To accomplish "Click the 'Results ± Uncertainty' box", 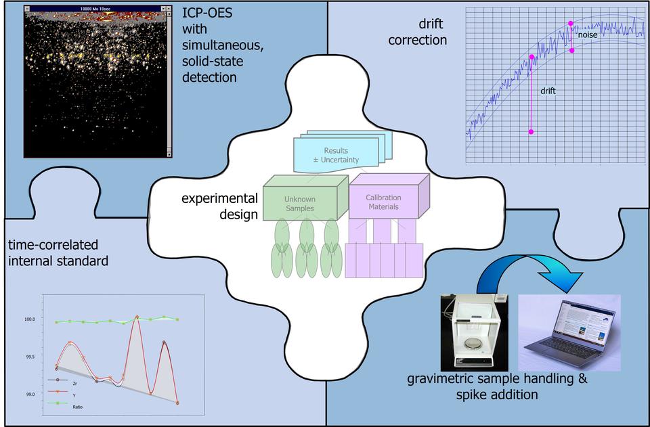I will click(336, 155).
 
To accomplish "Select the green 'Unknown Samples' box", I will click(299, 204).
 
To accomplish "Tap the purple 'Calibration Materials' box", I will click(383, 202).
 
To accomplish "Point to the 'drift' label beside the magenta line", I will click(548, 90).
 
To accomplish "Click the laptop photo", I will click(569, 332).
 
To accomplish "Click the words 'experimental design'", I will click(219, 206).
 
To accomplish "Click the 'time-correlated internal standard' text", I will click(58, 252).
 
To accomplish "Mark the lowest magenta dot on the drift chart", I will click(531, 132).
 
